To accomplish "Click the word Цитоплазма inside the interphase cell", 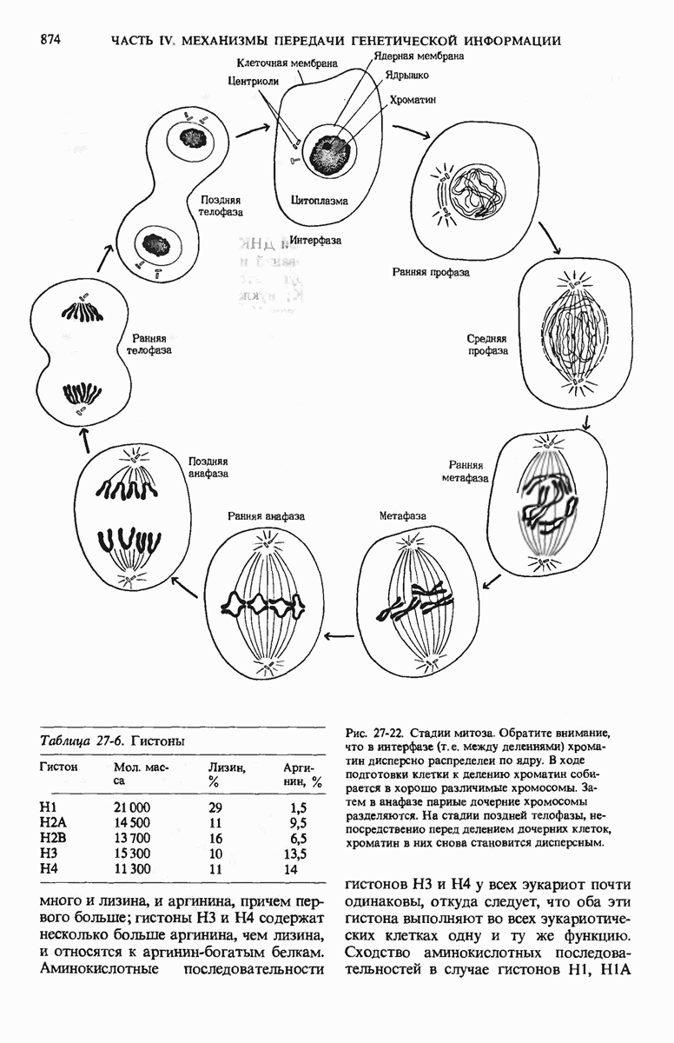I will pos(319,201).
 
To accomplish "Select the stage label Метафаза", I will pos(403,515).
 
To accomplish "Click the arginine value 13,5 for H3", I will pos(298,854).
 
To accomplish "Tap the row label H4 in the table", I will pos(49,869).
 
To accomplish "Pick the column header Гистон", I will pos(59,767).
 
